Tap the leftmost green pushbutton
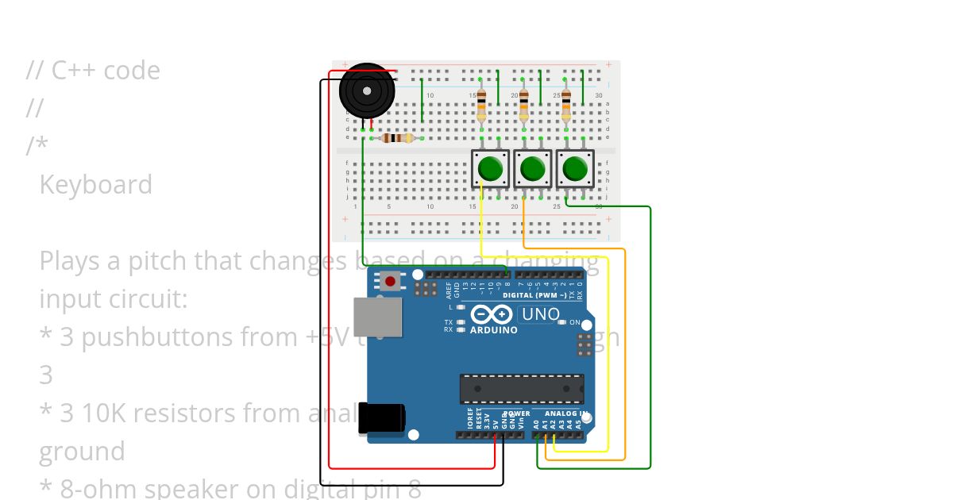490,168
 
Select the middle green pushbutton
532,168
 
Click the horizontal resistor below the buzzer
397,138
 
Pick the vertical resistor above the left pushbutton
481,106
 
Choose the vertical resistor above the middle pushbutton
523,106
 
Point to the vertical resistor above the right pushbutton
565,106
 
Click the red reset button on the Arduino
390,281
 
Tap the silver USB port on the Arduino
377,317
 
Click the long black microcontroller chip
521,389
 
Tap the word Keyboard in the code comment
95,184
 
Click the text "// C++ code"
93,71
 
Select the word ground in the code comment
82,451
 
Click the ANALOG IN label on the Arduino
565,413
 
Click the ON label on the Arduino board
574,322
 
